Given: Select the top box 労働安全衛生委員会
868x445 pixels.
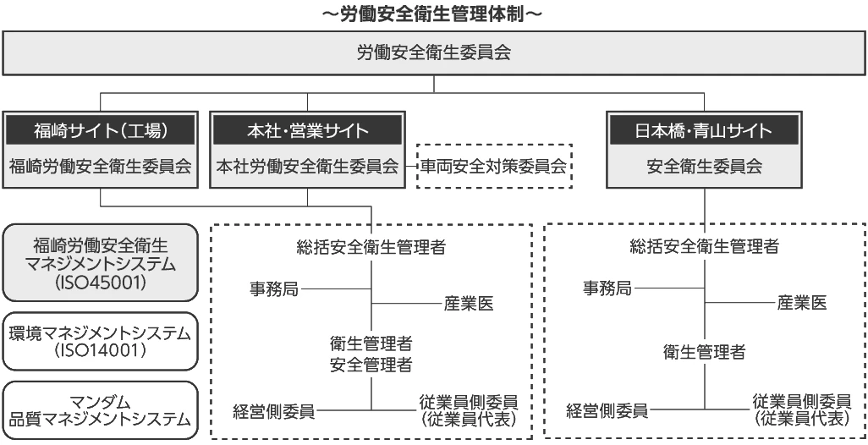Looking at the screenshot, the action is [x=433, y=52].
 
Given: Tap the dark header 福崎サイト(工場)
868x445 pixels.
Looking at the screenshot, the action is [x=100, y=130].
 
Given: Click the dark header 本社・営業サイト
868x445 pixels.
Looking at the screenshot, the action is [x=307, y=130].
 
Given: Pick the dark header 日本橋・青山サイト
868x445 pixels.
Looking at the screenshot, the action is [x=704, y=130].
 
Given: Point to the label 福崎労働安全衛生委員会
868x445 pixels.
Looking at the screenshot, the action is [x=100, y=166].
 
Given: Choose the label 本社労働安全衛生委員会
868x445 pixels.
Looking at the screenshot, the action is [x=307, y=166].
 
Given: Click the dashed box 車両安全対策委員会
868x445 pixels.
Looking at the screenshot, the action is [x=494, y=166].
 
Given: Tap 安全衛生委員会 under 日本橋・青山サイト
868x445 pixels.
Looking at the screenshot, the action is [x=704, y=166].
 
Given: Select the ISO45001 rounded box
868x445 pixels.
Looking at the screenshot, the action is [x=100, y=262].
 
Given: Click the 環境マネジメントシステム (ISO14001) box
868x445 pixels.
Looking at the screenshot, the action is [x=100, y=341].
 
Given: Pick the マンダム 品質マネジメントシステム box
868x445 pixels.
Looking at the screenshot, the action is [x=100, y=410].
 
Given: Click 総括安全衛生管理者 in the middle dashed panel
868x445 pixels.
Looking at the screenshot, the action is [x=371, y=247].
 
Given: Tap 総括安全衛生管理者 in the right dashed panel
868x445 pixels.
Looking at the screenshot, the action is [x=704, y=246].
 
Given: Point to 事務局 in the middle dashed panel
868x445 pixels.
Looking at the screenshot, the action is [x=274, y=288].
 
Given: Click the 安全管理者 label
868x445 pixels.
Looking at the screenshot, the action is [x=371, y=365].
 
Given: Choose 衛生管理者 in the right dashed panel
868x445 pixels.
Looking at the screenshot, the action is [x=704, y=352].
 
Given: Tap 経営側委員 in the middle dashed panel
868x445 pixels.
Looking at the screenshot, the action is [x=274, y=411].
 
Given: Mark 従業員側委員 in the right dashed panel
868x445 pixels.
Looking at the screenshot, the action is [x=802, y=401].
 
